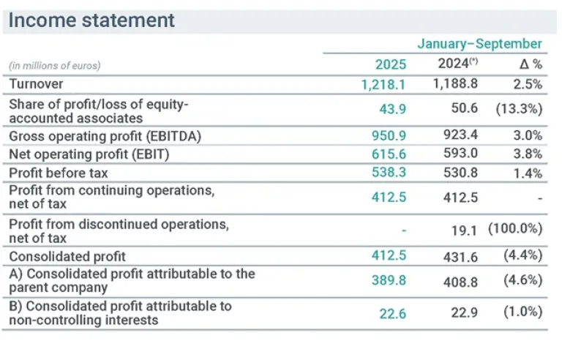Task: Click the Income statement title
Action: click(x=92, y=20)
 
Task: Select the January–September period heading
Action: click(x=479, y=44)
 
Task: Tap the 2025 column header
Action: click(x=390, y=64)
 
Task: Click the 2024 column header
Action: click(x=457, y=64)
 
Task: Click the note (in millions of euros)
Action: click(x=55, y=65)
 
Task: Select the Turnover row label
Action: click(x=36, y=84)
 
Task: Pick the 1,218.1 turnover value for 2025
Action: click(x=383, y=85)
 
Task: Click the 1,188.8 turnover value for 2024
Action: click(x=455, y=84)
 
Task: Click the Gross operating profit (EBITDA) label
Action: click(x=105, y=136)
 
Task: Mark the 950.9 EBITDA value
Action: click(x=389, y=136)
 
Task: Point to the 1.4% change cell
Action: click(x=528, y=173)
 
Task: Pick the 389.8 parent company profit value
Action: click(x=389, y=280)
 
